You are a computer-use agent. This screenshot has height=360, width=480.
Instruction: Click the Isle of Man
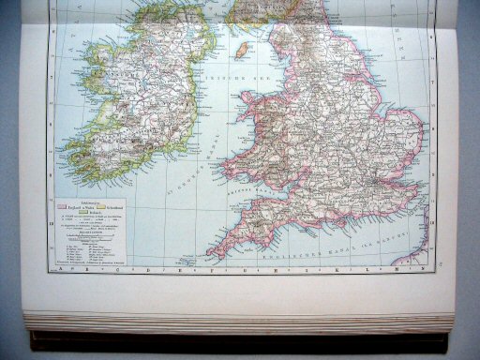pyautogui.click(x=240, y=47)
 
